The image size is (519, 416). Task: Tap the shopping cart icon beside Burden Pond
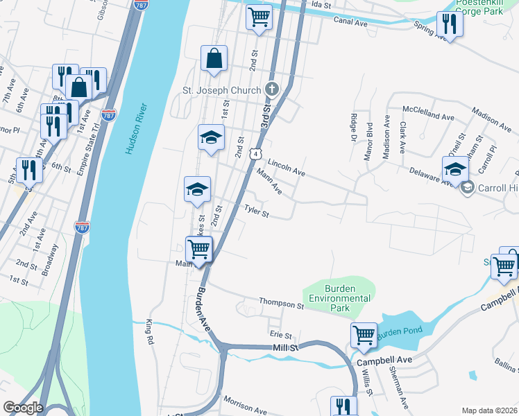364,336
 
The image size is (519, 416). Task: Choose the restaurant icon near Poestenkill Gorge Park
450,25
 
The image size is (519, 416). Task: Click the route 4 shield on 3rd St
257,153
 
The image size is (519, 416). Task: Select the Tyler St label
255,210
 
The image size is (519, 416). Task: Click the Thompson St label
282,303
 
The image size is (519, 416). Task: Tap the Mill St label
284,345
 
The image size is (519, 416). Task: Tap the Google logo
23,408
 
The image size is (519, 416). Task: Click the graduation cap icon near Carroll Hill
455,168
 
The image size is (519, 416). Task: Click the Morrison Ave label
244,406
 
